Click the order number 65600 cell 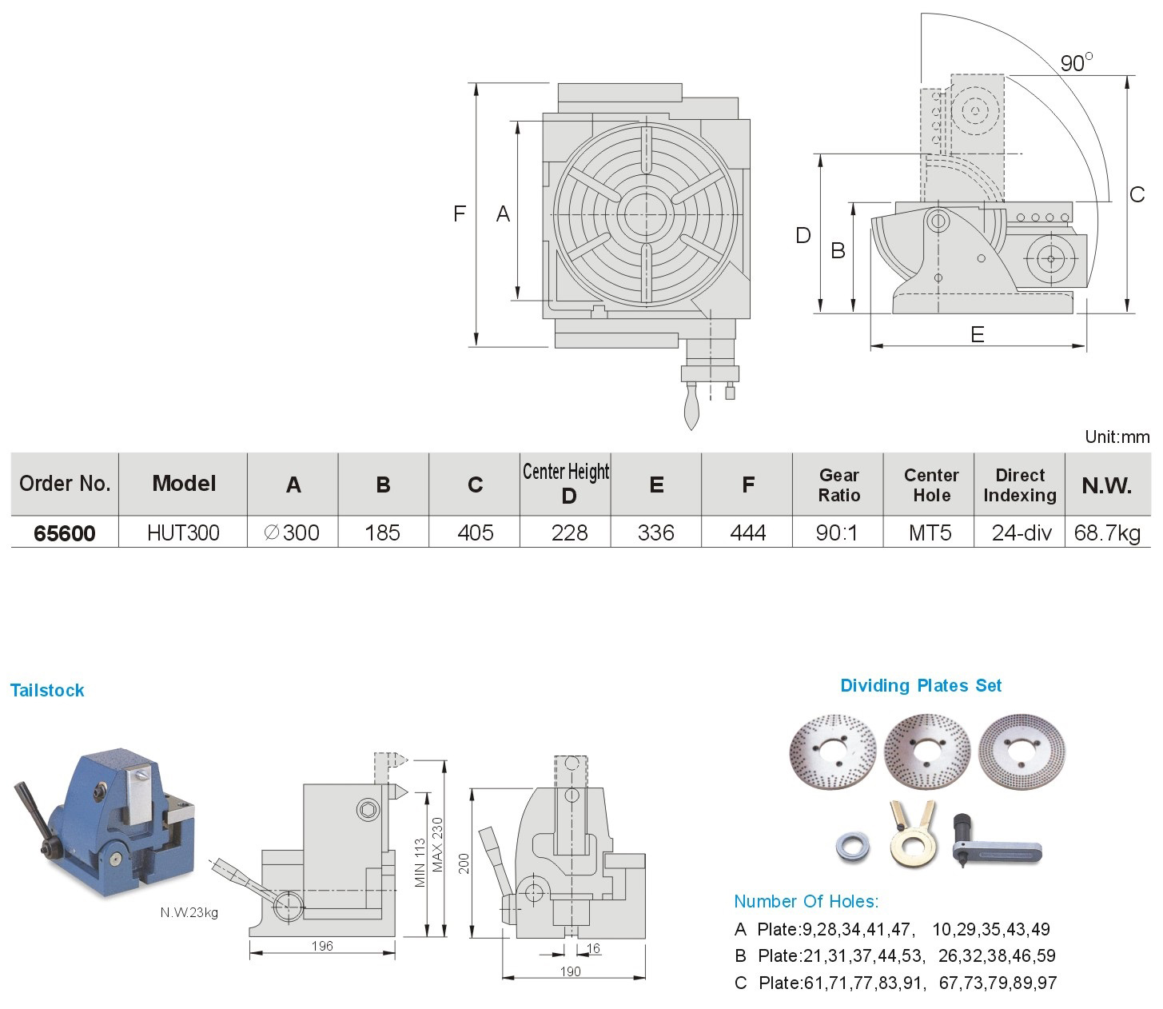(65, 533)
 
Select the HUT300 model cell (183, 533)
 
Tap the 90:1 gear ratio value (837, 533)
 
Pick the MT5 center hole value (930, 533)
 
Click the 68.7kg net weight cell (1107, 533)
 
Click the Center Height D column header (566, 484)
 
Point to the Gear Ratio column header (838, 485)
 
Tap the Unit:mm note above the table (1117, 437)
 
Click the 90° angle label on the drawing (1076, 62)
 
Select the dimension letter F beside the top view (460, 213)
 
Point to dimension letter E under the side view (977, 334)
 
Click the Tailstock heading (47, 691)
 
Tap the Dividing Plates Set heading (920, 686)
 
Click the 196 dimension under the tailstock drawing (321, 947)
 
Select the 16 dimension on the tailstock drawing (593, 949)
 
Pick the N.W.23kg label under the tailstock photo (189, 912)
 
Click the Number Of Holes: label (806, 902)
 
